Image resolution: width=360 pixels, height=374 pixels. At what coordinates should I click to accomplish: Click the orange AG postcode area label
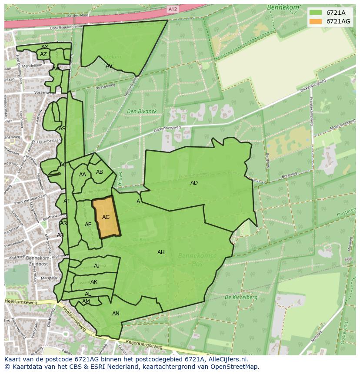[106, 217]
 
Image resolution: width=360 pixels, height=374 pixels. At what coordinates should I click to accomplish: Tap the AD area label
[194, 183]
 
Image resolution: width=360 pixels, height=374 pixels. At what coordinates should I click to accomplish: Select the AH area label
[161, 252]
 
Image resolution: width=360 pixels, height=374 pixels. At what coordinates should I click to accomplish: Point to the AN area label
[116, 314]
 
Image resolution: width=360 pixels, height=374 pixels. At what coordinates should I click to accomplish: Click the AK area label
[94, 282]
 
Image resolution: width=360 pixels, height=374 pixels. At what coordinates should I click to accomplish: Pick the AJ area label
[97, 266]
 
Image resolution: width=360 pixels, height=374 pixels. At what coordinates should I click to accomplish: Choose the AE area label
[88, 225]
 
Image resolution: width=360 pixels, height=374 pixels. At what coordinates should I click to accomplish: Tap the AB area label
[100, 172]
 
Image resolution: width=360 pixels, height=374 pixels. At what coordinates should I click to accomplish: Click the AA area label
[83, 175]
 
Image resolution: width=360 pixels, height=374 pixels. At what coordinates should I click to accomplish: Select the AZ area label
[43, 54]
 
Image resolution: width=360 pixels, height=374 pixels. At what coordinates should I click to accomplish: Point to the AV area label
[109, 66]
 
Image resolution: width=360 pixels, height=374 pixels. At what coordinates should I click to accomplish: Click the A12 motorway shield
[173, 9]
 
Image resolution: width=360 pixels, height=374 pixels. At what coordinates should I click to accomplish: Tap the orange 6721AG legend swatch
[316, 21]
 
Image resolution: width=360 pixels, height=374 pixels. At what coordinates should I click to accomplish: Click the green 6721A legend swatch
[316, 13]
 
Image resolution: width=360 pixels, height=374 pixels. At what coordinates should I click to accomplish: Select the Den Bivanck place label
[142, 112]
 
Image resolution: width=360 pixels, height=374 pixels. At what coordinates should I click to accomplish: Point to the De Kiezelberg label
[241, 298]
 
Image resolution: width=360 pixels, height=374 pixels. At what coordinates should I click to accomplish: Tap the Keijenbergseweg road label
[144, 346]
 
